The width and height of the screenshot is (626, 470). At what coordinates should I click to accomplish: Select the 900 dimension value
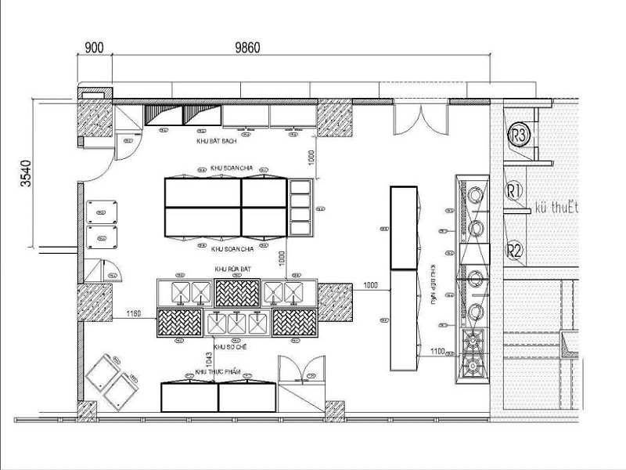(x=94, y=47)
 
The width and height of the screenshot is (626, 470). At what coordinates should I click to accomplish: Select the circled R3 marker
(x=519, y=135)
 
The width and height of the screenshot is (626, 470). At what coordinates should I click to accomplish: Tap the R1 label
(x=514, y=190)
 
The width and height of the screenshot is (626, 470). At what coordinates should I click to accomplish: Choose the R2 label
(x=514, y=251)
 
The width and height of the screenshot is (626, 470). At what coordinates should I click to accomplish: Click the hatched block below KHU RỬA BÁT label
(x=237, y=293)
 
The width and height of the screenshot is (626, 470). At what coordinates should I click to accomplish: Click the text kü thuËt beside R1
(x=556, y=208)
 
